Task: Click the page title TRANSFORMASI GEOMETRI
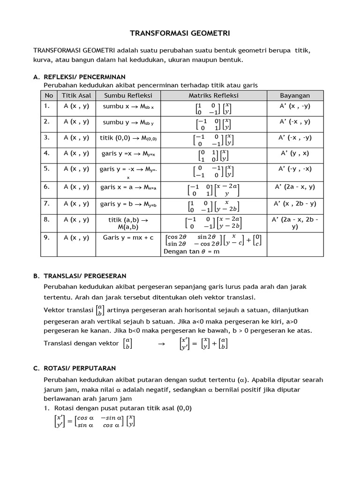[180, 33]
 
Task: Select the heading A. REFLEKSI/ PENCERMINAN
[84, 76]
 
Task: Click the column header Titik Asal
[76, 96]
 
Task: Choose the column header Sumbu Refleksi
[128, 96]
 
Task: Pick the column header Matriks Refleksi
[214, 96]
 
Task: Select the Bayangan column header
[295, 96]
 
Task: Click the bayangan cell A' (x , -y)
[295, 106]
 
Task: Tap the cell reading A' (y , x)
[295, 153]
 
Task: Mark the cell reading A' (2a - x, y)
[295, 187]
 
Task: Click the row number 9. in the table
[47, 238]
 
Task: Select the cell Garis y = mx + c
[128, 238]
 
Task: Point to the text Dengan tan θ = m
[191, 251]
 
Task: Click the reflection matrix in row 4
[214, 156]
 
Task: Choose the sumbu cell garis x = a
[128, 187]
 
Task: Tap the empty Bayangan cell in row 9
[295, 244]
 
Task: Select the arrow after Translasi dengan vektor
[162, 344]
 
